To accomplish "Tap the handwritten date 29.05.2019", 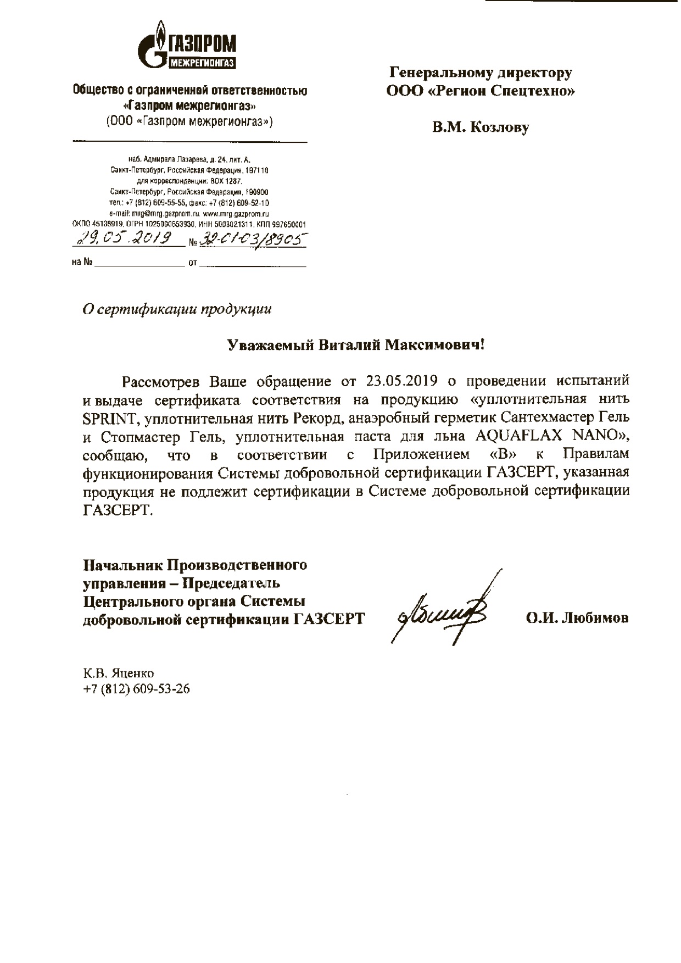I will pos(126,238).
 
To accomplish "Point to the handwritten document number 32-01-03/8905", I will pos(253,238).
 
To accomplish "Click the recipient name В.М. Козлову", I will pos(481,128).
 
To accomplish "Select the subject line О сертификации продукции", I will pos(176,309).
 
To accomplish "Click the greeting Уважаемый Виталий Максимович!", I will pos(356,345).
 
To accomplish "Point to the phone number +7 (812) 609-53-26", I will pos(137,689).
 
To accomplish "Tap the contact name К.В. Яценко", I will pos(119,673).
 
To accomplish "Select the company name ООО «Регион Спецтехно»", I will pos(481,91).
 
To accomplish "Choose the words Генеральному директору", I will pos(481,73).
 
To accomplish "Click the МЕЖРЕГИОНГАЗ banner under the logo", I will pos(202,63).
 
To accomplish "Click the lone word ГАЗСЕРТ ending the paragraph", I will pos(115,511).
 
